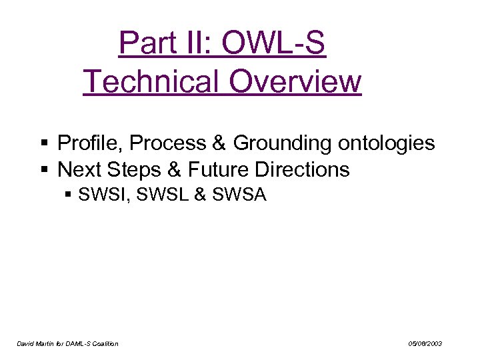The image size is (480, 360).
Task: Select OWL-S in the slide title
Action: click(x=273, y=43)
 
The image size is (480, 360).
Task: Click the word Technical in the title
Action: click(x=151, y=82)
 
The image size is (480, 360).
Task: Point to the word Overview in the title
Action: click(x=295, y=82)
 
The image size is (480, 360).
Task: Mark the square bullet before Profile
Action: click(x=44, y=143)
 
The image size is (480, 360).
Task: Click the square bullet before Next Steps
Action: click(x=44, y=170)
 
